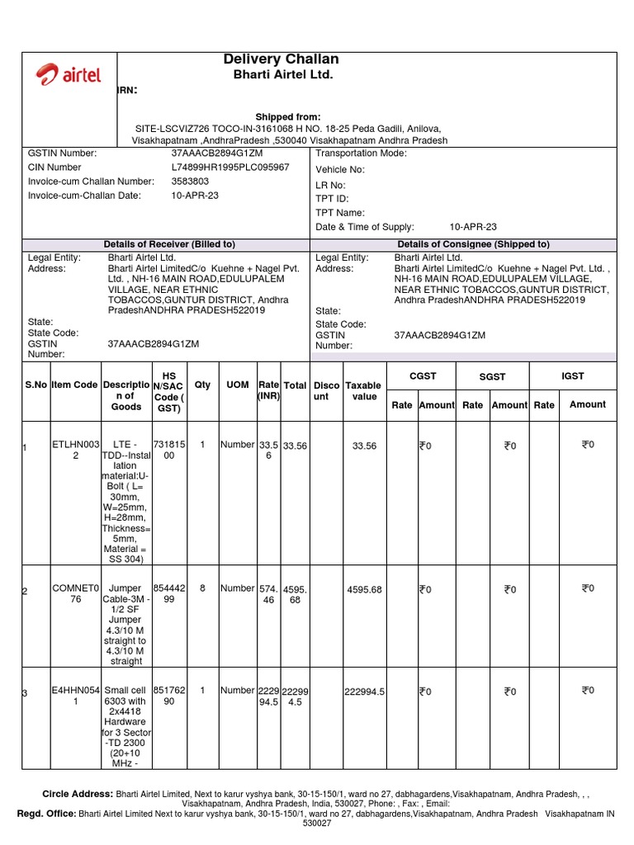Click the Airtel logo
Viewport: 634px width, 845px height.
tap(69, 75)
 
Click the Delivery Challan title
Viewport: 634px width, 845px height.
tap(281, 59)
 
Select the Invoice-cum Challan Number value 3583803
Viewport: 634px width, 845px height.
tap(190, 182)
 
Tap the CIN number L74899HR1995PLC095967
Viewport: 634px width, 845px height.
tap(230, 168)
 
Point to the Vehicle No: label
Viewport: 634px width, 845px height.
tap(340, 169)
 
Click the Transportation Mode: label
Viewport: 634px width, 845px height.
tap(361, 153)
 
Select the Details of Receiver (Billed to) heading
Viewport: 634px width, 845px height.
tap(169, 244)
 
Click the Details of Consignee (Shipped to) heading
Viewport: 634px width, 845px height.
tap(473, 244)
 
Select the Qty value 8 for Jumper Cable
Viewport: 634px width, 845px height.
tap(202, 588)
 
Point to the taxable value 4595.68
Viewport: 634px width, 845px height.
tap(364, 589)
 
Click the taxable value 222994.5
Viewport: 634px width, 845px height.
tap(364, 692)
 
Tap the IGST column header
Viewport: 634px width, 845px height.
tap(572, 376)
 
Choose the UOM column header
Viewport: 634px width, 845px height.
tap(237, 385)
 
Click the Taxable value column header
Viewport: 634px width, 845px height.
tap(363, 390)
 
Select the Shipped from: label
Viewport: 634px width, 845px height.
tap(287, 117)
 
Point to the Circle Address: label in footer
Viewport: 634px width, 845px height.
tap(78, 793)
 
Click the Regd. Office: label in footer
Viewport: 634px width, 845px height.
tap(46, 813)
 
